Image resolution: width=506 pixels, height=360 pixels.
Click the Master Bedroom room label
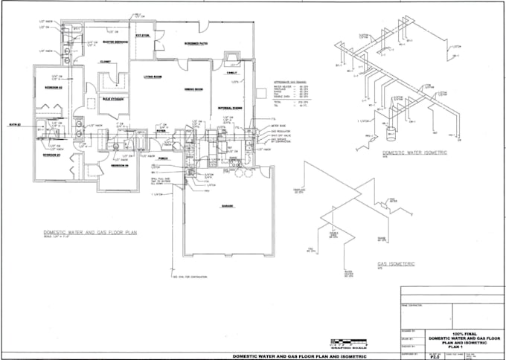pos(116,42)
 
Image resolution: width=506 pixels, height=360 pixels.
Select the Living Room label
pos(153,77)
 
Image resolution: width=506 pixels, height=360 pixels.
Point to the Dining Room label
pos(195,89)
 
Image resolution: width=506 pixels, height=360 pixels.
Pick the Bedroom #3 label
pos(121,165)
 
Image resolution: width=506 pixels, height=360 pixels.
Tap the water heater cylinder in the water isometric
pos(391,136)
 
